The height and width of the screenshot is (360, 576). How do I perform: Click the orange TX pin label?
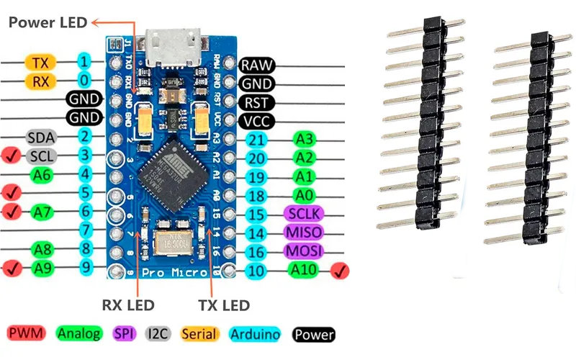[x=40, y=62]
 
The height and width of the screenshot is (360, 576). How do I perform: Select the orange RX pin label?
[x=40, y=81]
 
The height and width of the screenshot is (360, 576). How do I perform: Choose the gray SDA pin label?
[x=41, y=137]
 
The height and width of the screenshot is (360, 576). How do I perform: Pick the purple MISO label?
[x=304, y=233]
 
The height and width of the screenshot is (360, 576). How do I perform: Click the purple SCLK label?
[x=304, y=214]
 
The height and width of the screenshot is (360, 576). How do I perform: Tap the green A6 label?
[x=41, y=174]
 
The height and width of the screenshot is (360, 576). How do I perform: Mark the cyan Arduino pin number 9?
[x=86, y=268]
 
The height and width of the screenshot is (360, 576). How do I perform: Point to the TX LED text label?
[x=222, y=305]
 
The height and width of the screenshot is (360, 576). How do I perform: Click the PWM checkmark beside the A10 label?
[x=340, y=271]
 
